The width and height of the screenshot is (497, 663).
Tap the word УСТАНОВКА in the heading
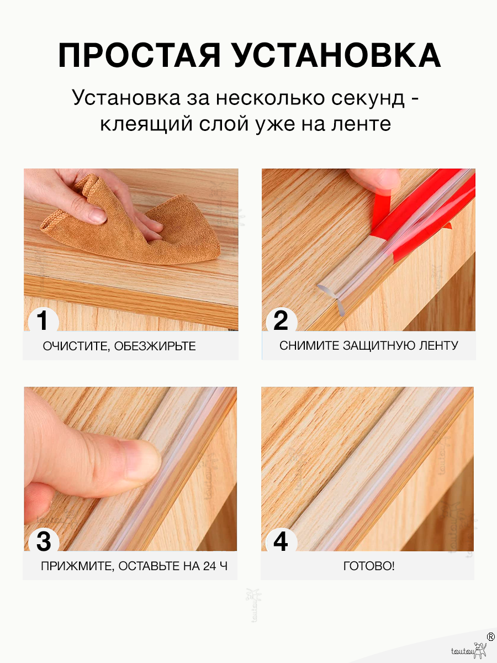336,55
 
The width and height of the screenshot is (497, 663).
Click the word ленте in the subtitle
359,124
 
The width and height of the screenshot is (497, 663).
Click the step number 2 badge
281,320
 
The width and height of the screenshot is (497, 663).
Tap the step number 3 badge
43,541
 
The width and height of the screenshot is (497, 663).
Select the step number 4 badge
281,541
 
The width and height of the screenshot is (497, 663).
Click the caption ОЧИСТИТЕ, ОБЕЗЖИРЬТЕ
119,346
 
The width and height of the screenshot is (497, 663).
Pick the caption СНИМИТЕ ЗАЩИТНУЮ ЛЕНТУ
368,346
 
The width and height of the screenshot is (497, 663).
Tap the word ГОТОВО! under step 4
368,566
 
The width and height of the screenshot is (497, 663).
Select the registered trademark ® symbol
490,636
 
